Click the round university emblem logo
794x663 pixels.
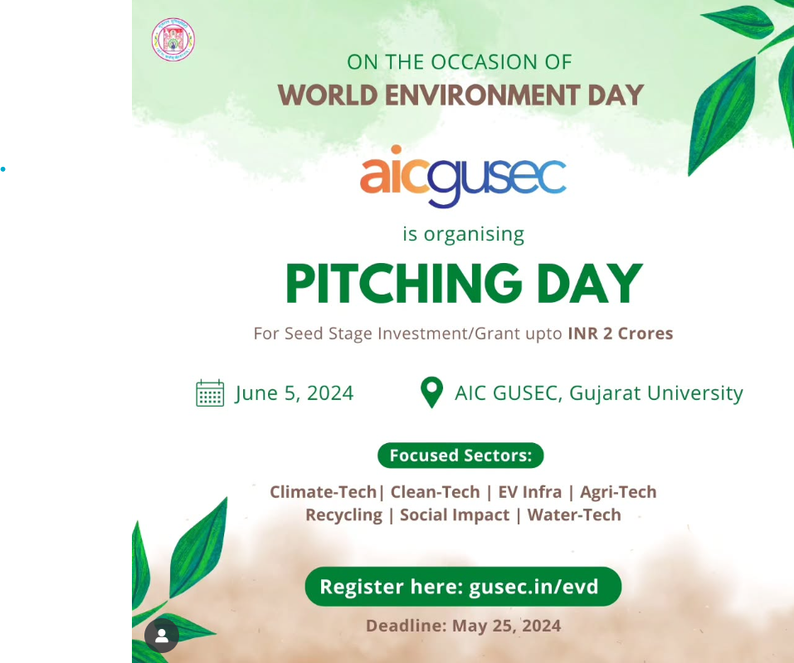173,40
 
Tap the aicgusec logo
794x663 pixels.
463,176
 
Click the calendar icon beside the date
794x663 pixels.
210,393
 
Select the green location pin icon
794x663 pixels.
432,392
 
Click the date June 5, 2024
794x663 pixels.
295,393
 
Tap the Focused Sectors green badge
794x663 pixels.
460,456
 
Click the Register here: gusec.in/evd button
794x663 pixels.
463,587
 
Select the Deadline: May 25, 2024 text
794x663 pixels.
463,626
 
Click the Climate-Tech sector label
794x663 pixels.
323,492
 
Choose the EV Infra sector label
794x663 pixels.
530,492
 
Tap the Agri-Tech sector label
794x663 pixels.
618,492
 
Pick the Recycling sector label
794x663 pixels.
343,515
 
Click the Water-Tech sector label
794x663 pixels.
574,514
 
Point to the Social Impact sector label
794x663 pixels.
455,515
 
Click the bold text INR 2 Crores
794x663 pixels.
621,334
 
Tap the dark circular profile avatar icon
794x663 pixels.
162,635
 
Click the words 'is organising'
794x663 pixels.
463,235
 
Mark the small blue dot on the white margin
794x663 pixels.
3,169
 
